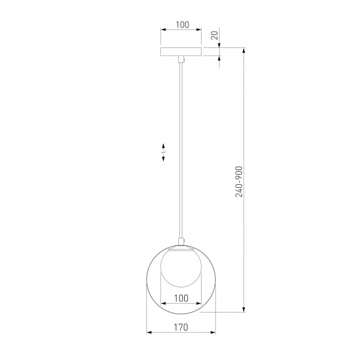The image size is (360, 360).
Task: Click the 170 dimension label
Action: tap(181, 327)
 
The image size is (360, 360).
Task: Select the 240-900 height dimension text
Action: tap(239, 182)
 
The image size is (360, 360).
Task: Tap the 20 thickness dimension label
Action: tap(214, 35)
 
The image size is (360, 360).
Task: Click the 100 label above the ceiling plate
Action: tap(182, 25)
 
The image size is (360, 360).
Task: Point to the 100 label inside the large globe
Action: tap(181, 298)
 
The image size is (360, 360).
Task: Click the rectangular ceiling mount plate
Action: tap(181, 52)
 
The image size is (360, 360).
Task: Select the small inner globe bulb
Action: tap(181, 267)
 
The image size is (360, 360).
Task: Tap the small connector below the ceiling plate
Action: tap(181, 59)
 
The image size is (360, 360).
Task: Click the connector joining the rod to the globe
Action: tap(181, 242)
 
